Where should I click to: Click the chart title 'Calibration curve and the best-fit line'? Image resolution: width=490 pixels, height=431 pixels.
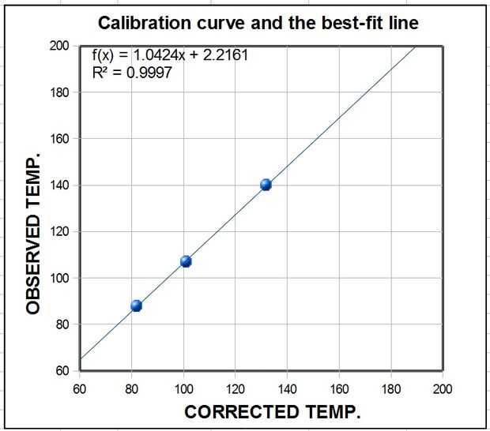point(258,23)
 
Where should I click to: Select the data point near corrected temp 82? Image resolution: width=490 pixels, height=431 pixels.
point(136,305)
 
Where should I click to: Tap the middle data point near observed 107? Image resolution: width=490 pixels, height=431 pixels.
point(186,261)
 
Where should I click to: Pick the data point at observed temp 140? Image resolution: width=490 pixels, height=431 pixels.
point(266,185)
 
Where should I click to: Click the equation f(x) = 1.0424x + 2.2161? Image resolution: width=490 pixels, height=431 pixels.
point(156,55)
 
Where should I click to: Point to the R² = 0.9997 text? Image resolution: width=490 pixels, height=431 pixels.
point(132,73)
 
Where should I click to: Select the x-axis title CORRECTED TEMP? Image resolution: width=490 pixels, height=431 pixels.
point(272,411)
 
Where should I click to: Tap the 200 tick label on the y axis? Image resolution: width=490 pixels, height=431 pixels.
point(59,46)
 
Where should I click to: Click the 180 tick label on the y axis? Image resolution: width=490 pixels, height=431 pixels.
point(59,92)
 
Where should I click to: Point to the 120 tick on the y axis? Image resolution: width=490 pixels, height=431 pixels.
point(59,231)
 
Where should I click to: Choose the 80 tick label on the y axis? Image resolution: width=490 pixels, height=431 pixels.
point(62,324)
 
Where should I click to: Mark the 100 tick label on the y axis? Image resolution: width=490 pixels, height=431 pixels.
point(59,278)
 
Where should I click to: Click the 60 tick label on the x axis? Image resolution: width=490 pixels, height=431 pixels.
point(80,388)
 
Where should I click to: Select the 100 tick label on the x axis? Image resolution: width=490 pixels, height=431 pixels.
point(183,388)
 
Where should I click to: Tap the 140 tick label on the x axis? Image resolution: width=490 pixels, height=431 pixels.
point(288,388)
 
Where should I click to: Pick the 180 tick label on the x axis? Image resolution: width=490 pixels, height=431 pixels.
point(391,388)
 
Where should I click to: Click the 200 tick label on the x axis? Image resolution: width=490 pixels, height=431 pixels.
point(443,388)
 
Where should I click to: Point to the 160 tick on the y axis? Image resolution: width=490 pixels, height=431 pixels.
point(59,139)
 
